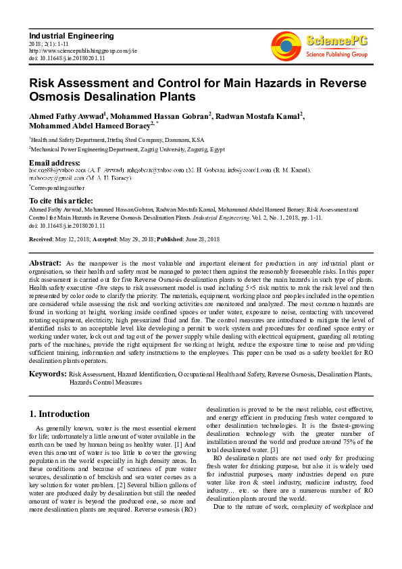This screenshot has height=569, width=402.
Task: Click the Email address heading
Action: click(54, 163)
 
